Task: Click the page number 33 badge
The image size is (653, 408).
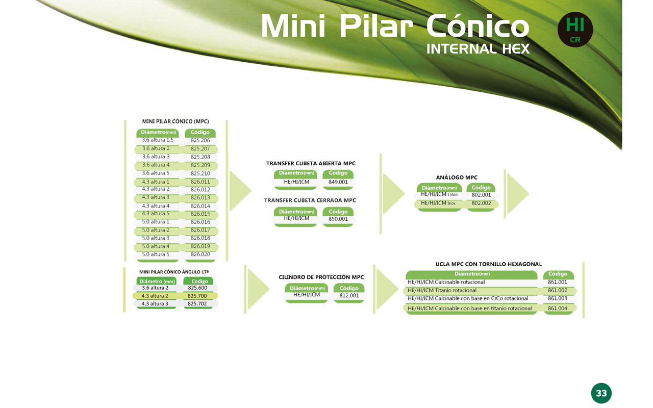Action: coord(601,393)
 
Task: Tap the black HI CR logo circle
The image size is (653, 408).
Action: coord(575,30)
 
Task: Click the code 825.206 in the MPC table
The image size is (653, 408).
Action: coord(200,140)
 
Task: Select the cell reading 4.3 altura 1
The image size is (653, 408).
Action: coord(156,182)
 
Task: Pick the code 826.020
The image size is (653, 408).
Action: coord(200,254)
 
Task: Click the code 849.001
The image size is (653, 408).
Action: coord(338,182)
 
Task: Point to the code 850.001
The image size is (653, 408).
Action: coord(338,219)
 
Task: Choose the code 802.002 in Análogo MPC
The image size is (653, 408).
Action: coord(481,203)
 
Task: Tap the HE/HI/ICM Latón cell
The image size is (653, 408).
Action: coord(439,194)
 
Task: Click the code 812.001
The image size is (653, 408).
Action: coord(349,295)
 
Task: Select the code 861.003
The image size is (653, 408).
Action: coord(558,298)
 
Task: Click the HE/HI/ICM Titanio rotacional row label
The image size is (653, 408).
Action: coord(442,290)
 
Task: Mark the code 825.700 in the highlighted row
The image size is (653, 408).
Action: coord(197,296)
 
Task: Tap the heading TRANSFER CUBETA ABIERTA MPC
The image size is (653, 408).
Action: coord(311,164)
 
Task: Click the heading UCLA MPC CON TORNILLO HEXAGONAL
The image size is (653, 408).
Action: coord(489,264)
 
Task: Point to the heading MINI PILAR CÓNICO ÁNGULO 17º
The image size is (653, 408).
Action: coord(174,272)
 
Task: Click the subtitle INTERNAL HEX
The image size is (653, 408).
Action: coord(478,48)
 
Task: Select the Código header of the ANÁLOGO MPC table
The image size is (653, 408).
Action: coord(481,187)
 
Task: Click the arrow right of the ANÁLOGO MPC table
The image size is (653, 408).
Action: coord(518,193)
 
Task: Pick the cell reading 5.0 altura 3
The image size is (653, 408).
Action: coord(156,238)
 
